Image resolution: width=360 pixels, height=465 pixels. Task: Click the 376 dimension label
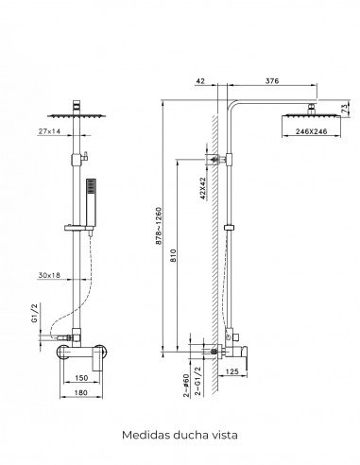coord(272,81)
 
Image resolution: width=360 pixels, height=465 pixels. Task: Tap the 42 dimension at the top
coord(200,81)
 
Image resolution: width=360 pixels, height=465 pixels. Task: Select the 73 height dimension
coord(345,109)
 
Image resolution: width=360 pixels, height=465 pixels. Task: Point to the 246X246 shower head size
coord(312,131)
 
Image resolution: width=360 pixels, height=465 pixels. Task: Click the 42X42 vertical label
coord(203,188)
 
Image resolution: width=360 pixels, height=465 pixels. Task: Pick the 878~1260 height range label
coord(159,226)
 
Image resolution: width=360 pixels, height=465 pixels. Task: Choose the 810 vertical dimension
coord(174,256)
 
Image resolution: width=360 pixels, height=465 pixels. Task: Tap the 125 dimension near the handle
coord(232,371)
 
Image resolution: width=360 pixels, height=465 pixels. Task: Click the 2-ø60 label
coord(186,385)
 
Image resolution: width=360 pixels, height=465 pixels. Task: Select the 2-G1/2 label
coord(198,381)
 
